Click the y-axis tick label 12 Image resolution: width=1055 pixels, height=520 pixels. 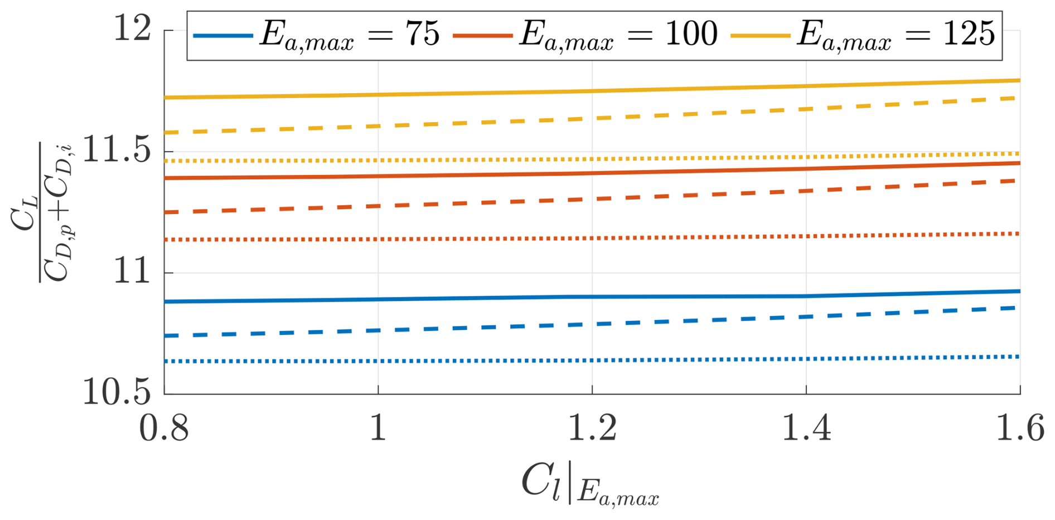pyautogui.click(x=133, y=28)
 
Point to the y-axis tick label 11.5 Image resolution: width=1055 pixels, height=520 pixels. pyautogui.click(x=117, y=151)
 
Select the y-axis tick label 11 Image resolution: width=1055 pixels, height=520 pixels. pyautogui.click(x=133, y=272)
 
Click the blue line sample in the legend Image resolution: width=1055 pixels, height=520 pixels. pyautogui.click(x=222, y=36)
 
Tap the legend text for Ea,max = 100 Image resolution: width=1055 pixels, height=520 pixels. pyautogui.click(x=618, y=35)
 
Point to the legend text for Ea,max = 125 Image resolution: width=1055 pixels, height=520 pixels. pyautogui.click(x=896, y=35)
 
